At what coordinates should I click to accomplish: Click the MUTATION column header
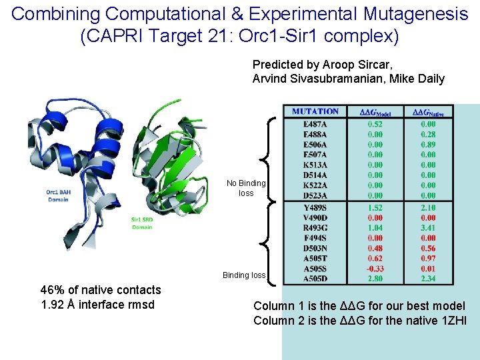tap(315, 111)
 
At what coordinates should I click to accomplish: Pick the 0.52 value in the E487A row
tap(375, 124)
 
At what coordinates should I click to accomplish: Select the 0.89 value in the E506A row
tap(428, 145)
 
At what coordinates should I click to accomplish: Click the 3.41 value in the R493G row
tap(428, 228)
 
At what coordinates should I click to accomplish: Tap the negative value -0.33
tap(375, 268)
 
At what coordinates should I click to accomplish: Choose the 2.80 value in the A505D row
tap(375, 278)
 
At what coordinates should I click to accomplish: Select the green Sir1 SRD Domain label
tap(141, 223)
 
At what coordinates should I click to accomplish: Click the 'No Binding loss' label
tap(246, 188)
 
